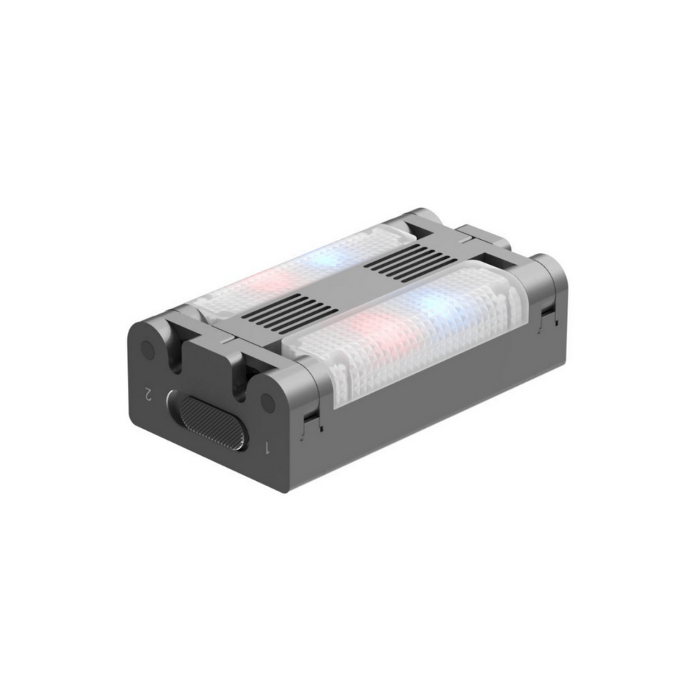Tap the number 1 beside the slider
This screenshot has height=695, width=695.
point(267,448)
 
